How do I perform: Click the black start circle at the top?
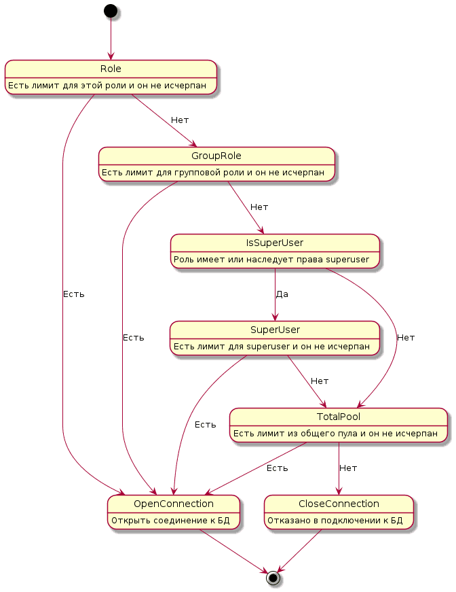[111, 11]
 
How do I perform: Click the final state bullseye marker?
[273, 578]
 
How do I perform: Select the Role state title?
[111, 69]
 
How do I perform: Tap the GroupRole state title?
[216, 156]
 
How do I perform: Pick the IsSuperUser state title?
[275, 243]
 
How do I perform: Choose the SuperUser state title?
[275, 330]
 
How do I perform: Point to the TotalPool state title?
[339, 417]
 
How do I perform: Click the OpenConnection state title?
[174, 504]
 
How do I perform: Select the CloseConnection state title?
[339, 504]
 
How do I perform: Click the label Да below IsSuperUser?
[282, 294]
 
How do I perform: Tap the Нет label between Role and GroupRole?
[180, 120]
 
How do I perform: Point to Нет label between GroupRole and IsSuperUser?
[259, 207]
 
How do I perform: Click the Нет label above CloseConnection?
[348, 468]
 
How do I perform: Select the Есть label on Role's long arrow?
[73, 294]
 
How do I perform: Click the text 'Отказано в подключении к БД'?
[335, 521]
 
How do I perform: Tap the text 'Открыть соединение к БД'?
[170, 521]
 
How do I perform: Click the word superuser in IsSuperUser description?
[347, 260]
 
